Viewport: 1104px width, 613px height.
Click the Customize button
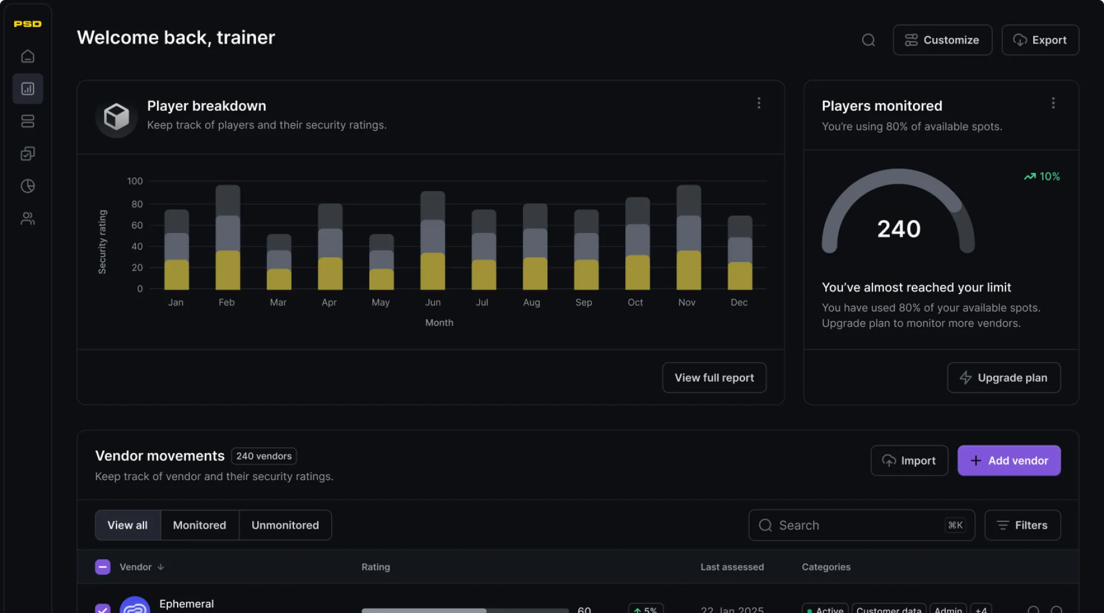tap(942, 40)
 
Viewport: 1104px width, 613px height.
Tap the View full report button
tap(714, 378)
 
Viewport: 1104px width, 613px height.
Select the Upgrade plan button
tap(1003, 378)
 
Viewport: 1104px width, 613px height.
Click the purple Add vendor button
tap(1008, 461)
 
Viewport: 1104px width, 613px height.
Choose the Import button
tap(909, 461)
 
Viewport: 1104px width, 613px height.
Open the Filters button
tap(1022, 525)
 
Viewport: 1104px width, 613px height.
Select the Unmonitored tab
tap(285, 525)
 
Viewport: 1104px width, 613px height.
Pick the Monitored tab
tap(200, 525)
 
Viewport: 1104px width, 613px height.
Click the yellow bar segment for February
tap(228, 270)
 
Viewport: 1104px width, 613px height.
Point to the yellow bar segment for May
tap(382, 279)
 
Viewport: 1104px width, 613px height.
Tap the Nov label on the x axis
tap(687, 303)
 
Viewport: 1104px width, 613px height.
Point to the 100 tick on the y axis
tap(135, 182)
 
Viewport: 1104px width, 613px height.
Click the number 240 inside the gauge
tap(899, 229)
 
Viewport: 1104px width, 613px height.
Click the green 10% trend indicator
tap(1042, 176)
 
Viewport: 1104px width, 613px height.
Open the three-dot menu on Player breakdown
tap(759, 103)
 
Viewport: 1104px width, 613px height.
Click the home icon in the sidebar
tap(28, 57)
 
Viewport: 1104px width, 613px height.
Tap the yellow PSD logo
tap(28, 24)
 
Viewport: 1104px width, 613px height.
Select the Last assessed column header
tap(732, 567)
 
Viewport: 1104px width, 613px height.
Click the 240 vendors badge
tap(264, 456)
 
